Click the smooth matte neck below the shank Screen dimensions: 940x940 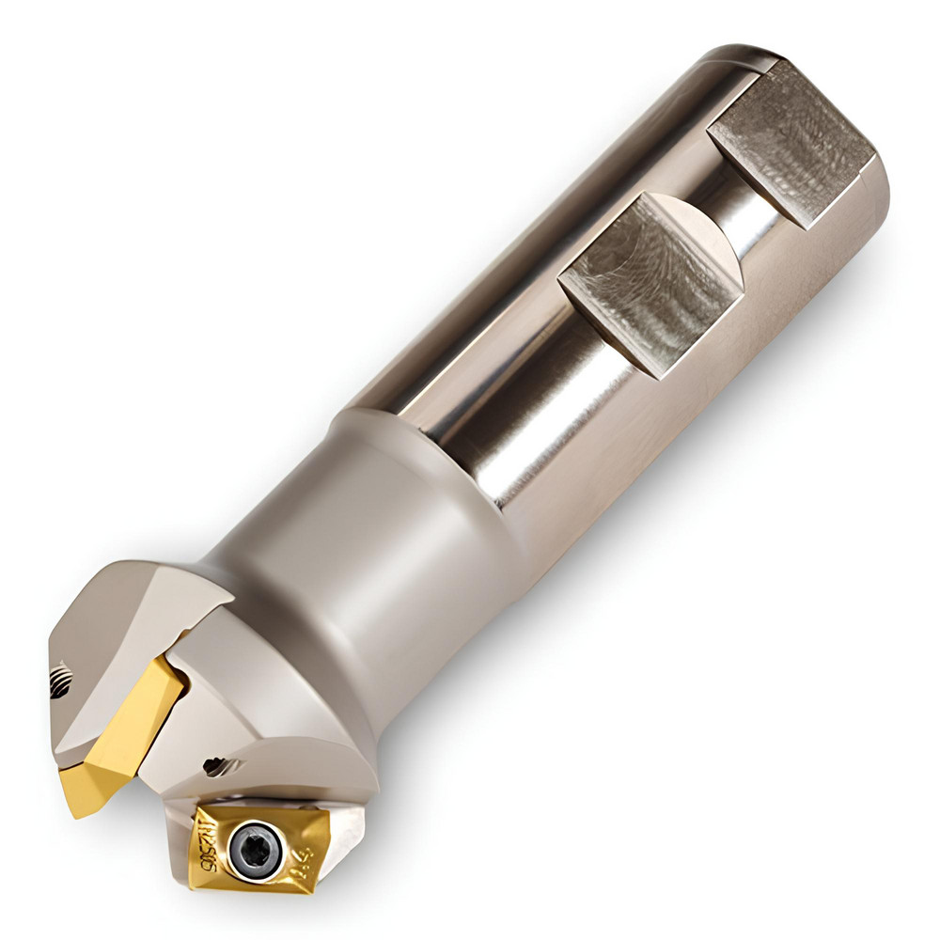[x=376, y=526]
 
